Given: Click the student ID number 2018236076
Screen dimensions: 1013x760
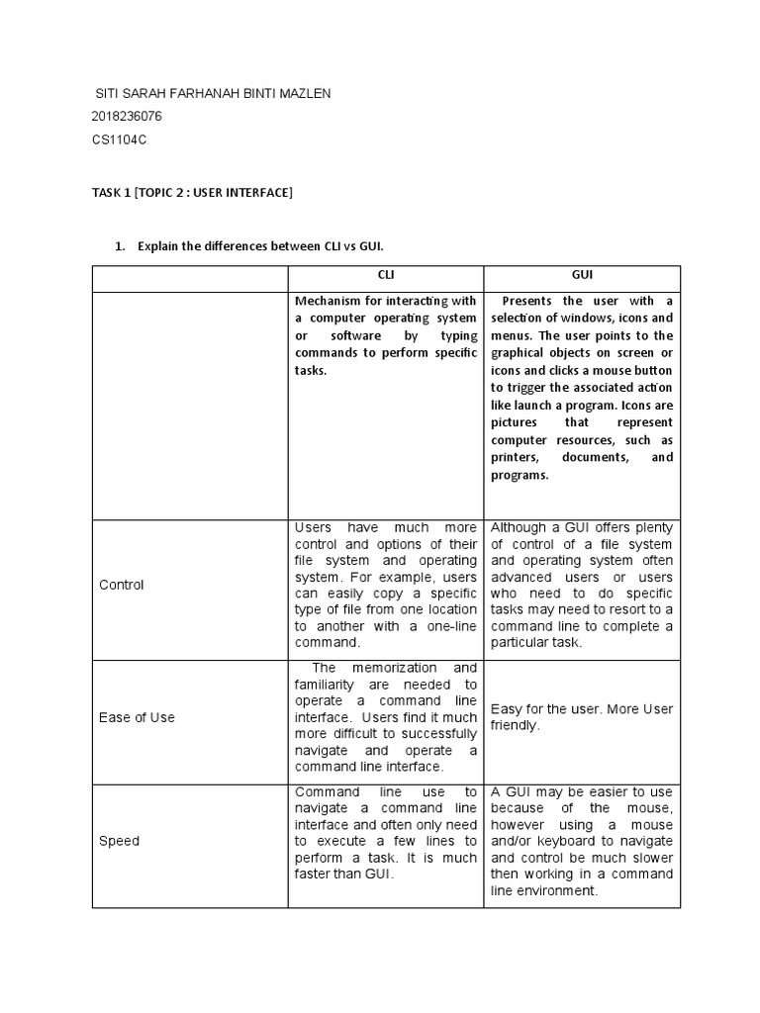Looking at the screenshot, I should coord(126,117).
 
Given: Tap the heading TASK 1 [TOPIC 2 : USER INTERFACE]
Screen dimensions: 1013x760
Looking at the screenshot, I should coord(192,192).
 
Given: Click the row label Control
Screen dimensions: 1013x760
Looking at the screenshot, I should coord(122,585).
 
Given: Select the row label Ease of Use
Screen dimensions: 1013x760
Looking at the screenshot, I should coord(137,717).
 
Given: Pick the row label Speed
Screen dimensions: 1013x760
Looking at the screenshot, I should coord(120,841).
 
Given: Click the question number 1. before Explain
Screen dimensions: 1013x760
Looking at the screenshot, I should coord(121,246).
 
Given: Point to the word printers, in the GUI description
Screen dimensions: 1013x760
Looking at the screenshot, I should coord(516,457).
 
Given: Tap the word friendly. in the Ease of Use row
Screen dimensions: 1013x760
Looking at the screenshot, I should coord(516,725).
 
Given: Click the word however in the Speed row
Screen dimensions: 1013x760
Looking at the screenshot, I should coord(520,824).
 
